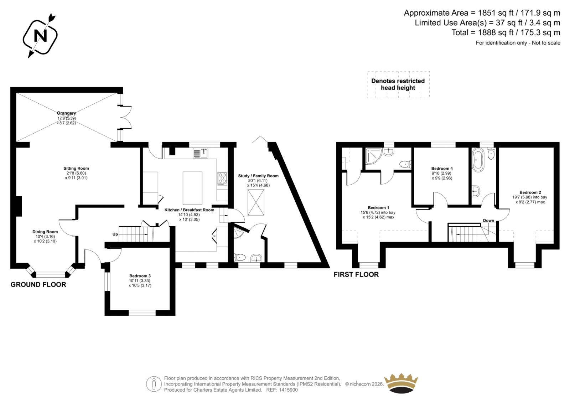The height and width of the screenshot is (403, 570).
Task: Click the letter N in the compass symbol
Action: coord(41,36)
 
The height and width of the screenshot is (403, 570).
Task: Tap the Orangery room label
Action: coord(66,113)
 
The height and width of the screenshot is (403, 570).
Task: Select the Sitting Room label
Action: coord(76,168)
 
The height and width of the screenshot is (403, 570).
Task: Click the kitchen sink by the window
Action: coord(201,153)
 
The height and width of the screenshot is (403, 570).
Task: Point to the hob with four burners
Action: coord(222,179)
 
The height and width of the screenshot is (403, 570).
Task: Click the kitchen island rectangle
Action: coord(192,188)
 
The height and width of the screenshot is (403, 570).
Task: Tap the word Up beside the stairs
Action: coord(115,234)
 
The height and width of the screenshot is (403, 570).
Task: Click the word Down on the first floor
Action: coord(488,221)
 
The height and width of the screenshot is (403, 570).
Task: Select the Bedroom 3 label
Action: coord(140,276)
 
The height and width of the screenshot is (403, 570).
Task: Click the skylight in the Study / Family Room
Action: coord(256,202)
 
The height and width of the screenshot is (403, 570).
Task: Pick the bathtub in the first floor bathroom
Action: coord(478,160)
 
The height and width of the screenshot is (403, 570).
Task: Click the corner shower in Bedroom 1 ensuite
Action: coord(374,157)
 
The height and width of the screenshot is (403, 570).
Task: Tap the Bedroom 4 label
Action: coord(442,169)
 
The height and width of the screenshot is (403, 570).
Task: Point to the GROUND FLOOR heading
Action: coord(38,285)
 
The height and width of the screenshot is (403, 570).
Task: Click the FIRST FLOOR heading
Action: coord(356,274)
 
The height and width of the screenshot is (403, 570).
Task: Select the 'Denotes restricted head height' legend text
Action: coord(398,84)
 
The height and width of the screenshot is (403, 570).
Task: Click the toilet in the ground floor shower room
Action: coord(239,257)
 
